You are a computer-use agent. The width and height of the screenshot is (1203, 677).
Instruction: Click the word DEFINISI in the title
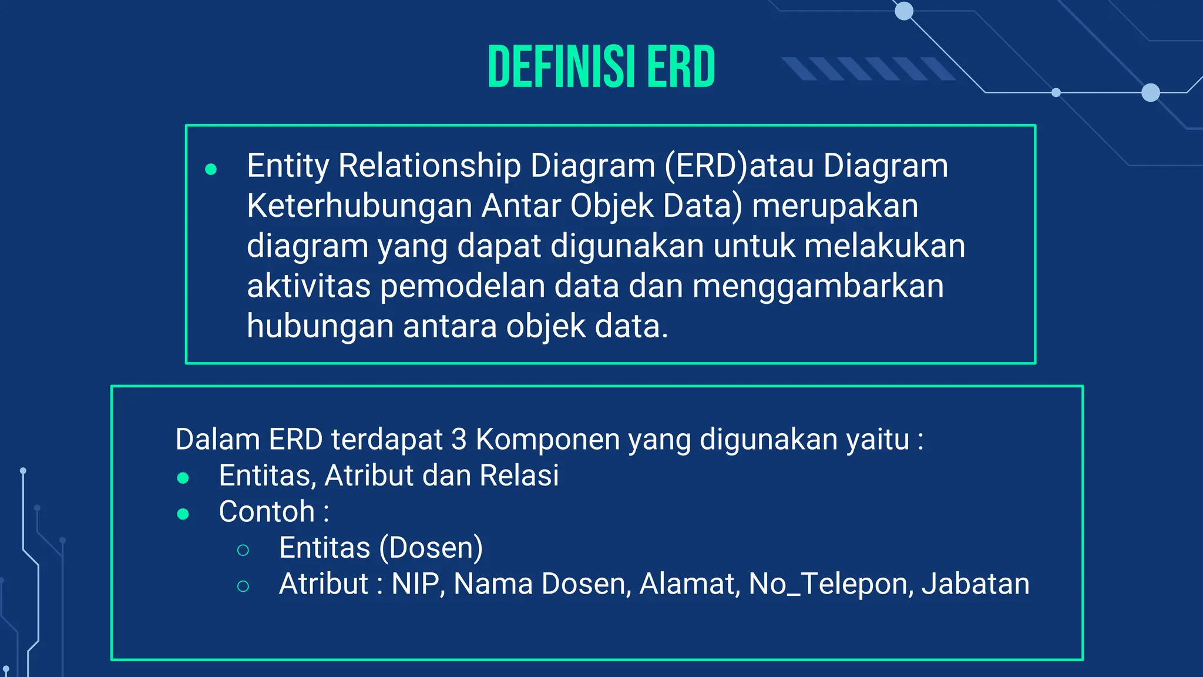click(x=561, y=67)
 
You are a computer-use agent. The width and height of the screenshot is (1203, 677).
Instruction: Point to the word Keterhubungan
click(x=359, y=206)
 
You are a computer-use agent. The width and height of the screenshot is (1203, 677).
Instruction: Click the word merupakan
click(x=835, y=206)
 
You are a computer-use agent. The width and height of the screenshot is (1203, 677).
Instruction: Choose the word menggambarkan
click(x=818, y=286)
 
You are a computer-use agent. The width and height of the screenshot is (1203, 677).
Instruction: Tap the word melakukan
click(x=884, y=246)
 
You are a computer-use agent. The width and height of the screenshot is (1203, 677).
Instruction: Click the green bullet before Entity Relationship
click(x=211, y=170)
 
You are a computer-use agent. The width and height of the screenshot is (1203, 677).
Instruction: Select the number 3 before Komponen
click(x=459, y=439)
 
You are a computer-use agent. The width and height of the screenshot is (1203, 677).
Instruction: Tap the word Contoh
click(x=267, y=511)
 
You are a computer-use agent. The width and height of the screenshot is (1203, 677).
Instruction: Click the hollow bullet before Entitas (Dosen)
click(x=243, y=550)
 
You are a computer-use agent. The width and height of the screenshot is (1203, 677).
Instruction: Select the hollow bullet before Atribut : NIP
click(x=243, y=586)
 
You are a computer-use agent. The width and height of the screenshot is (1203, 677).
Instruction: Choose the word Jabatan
click(x=975, y=584)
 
